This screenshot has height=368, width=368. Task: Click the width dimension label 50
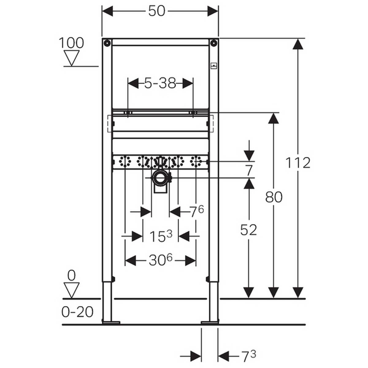coord(157,12)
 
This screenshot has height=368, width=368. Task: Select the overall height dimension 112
coord(298,163)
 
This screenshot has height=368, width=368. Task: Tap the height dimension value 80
coord(274,197)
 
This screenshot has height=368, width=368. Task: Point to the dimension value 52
coord(248,230)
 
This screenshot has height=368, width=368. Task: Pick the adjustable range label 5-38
coord(160,83)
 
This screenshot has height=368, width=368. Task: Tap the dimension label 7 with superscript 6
coord(196,212)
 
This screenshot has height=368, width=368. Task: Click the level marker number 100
coord(71,43)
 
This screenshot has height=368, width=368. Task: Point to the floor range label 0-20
coord(78,312)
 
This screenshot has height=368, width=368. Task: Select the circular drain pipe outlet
coord(159,178)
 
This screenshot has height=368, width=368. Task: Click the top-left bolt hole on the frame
coord(107,43)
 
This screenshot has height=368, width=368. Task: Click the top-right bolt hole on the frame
coord(214,43)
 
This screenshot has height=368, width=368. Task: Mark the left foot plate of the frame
coord(111,322)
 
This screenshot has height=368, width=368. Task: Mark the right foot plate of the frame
coord(210,322)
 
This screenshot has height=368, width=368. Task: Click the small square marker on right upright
coord(214,65)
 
